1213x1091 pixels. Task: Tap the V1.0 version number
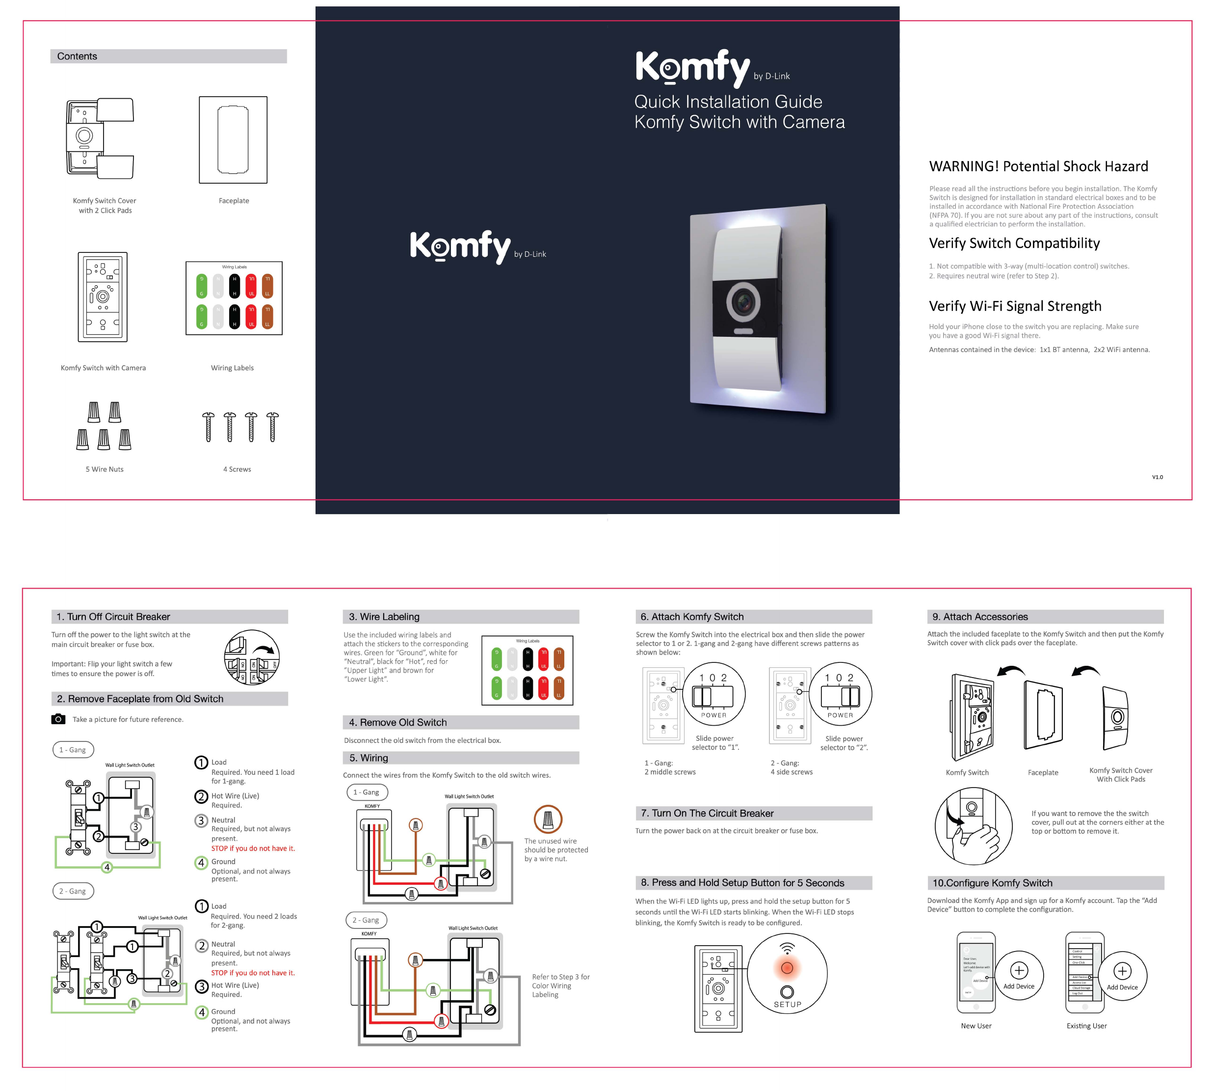pos(1157,477)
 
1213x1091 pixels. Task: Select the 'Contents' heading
pos(77,56)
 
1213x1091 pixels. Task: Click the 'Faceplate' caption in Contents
pos(234,201)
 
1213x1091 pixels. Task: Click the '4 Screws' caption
pos(237,469)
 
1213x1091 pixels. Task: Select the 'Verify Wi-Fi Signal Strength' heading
pos(1015,306)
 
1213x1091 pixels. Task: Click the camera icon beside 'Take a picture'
pos(58,719)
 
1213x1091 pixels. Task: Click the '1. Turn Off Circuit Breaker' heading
pos(113,617)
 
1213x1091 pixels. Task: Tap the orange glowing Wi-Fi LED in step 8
pos(787,968)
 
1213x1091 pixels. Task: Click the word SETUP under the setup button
pos(787,1005)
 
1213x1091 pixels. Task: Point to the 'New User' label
pos(976,1026)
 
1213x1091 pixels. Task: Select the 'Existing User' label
pos(1086,1026)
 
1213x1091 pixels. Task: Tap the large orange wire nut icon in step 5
pos(548,819)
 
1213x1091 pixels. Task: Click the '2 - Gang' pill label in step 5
pos(366,920)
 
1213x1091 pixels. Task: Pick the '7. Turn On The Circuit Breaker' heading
pos(707,814)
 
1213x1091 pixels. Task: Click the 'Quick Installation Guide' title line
pos(728,102)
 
